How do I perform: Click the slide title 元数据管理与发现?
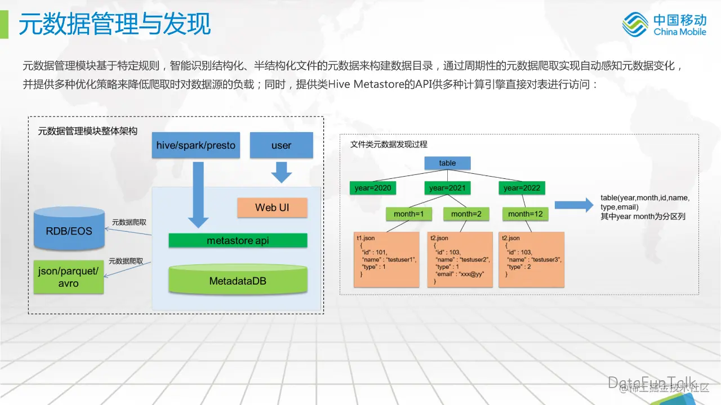pos(115,24)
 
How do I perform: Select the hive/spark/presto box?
pos(196,145)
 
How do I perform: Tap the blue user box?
pos(281,145)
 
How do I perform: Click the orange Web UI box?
pos(272,208)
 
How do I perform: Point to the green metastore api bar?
pos(238,241)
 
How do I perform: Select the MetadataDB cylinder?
pos(238,279)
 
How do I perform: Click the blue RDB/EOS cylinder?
pos(69,229)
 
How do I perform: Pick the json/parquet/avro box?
pos(69,277)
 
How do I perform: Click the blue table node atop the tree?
pos(447,163)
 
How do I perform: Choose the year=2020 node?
pos(371,188)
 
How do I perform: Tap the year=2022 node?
pos(522,188)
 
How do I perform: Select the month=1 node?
pos(408,214)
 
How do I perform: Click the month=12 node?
pos(526,214)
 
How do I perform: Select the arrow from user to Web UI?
pos(281,172)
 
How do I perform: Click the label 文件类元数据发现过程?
pos(389,145)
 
